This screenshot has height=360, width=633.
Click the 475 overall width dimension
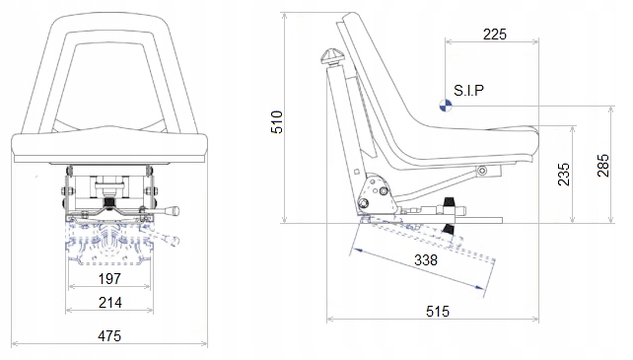coord(109,335)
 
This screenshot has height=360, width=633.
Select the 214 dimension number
coord(109,302)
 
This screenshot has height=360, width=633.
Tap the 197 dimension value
coord(109,278)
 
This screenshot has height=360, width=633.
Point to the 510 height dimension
coord(277,121)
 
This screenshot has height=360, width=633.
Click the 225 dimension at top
coord(495,35)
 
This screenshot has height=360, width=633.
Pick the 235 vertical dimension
coord(564,175)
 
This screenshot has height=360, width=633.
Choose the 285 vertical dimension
coord(603,166)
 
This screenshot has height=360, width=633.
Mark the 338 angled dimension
coord(426,259)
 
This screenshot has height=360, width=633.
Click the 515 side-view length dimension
coord(438,311)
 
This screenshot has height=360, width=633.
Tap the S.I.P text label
coord(468,90)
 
